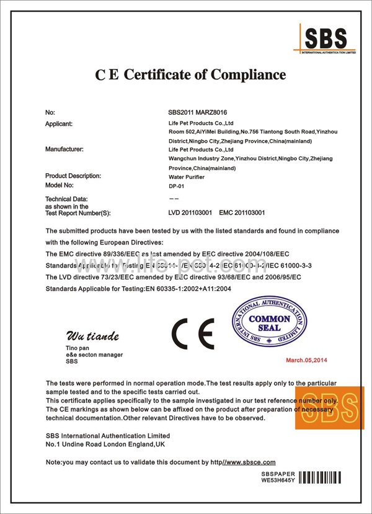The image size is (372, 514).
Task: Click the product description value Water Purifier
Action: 187,176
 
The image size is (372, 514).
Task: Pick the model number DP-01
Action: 177,186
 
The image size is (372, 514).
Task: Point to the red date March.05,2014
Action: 306,360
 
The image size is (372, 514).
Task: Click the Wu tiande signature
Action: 92,336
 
